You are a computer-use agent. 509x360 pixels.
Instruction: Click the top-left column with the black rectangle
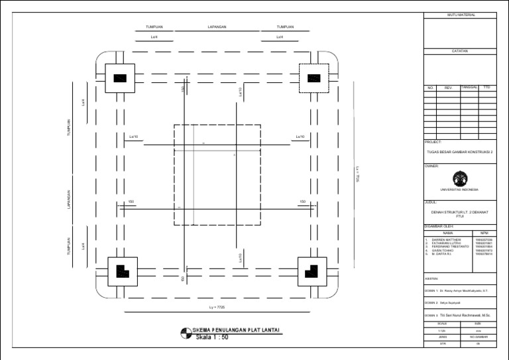point(120,78)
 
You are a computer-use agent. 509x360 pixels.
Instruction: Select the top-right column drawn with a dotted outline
point(310,78)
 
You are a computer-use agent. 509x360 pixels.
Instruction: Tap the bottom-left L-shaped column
point(120,270)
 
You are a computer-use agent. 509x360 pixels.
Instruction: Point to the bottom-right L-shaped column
point(310,270)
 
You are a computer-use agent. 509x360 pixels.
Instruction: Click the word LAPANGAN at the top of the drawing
point(217,27)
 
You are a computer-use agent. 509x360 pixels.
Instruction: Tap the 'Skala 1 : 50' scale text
point(212,337)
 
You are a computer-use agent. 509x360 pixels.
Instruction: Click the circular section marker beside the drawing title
point(186,333)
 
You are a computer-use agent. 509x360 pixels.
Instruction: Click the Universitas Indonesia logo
point(459,178)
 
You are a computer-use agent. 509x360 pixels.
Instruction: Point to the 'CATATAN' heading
point(459,50)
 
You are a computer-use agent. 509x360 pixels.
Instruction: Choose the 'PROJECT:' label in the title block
point(433,142)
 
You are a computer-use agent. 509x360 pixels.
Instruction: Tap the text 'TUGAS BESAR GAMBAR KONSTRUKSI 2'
point(461,151)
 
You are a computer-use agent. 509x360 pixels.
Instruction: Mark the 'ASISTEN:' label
point(432,278)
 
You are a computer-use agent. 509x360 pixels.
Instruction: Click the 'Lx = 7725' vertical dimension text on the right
point(357,175)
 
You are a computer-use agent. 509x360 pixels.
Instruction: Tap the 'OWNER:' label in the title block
point(431,166)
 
